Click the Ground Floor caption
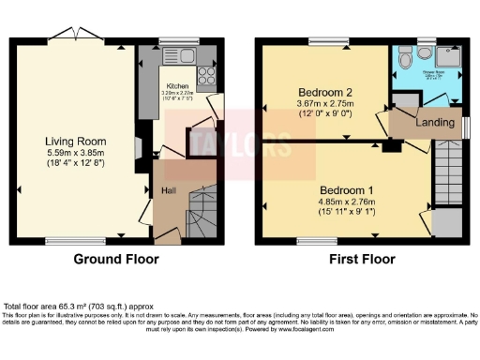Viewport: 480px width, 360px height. [x=115, y=260]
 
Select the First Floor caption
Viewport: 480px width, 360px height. [x=361, y=260]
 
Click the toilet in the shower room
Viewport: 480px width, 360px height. [x=403, y=59]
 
